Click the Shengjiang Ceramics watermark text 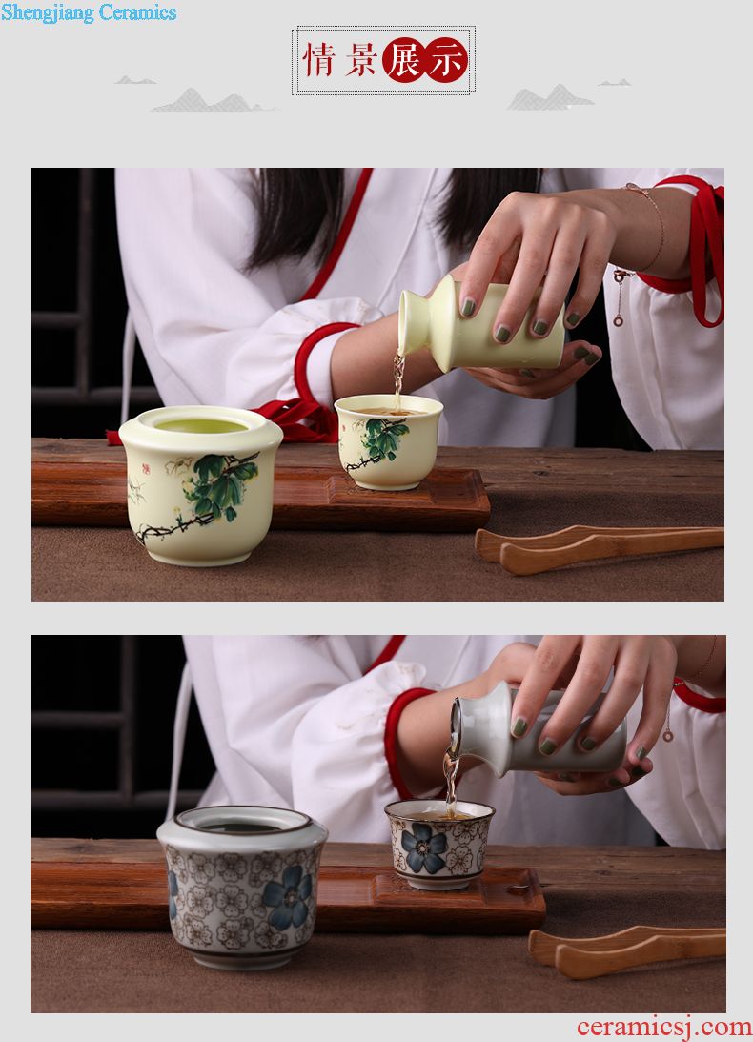point(89,12)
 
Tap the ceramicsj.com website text point(664,1027)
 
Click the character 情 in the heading point(319,60)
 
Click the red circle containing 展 point(403,60)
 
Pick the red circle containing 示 point(446,60)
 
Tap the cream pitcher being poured point(479,325)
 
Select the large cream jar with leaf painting point(201,485)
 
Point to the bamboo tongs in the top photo point(599,548)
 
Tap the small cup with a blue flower point(439,844)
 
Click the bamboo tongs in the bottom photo point(627,951)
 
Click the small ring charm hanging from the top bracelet point(618,321)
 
